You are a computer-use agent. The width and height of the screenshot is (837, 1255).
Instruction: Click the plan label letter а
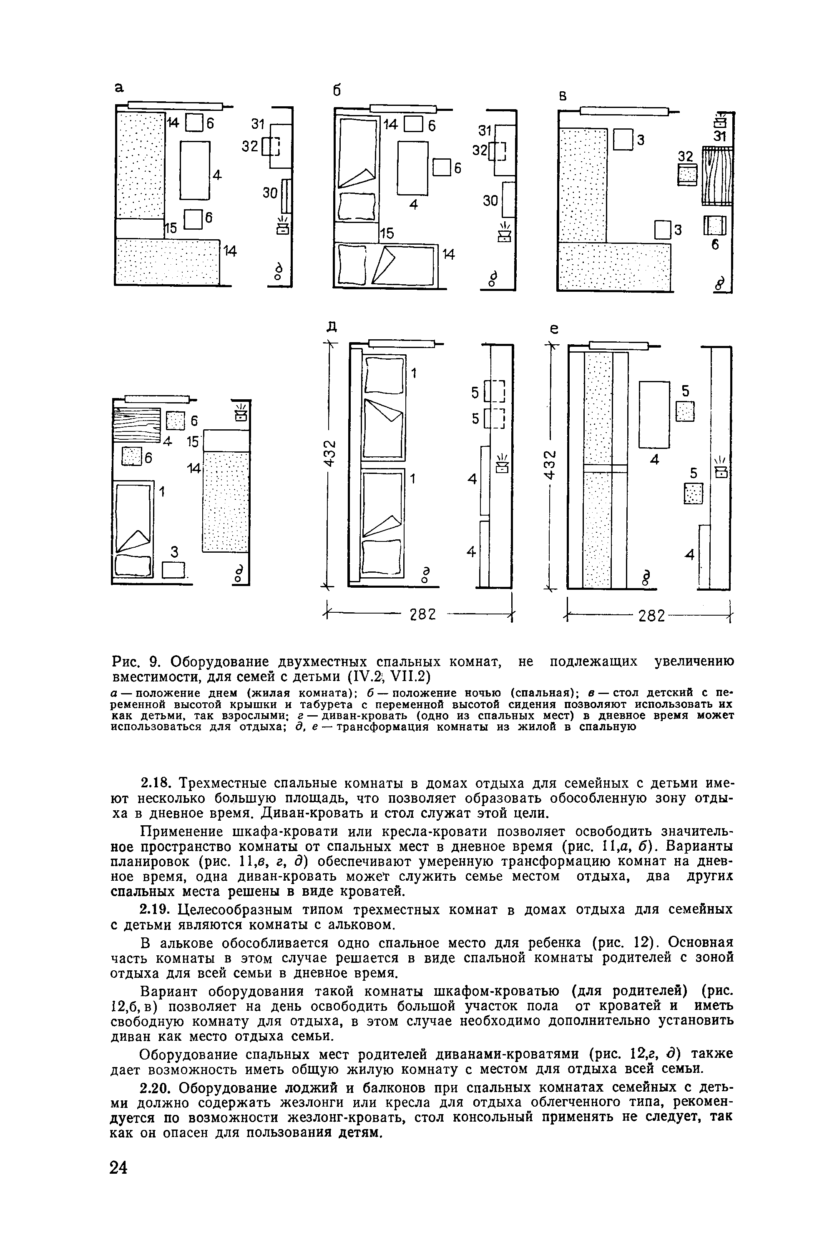click(120, 88)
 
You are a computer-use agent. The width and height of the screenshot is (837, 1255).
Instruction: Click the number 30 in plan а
click(270, 193)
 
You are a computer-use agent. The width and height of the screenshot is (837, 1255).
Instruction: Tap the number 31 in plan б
click(485, 131)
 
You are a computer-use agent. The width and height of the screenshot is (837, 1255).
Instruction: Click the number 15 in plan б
click(387, 233)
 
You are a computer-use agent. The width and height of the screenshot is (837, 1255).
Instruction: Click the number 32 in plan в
click(685, 156)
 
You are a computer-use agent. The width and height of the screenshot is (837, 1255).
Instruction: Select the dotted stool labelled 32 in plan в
click(688, 175)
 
